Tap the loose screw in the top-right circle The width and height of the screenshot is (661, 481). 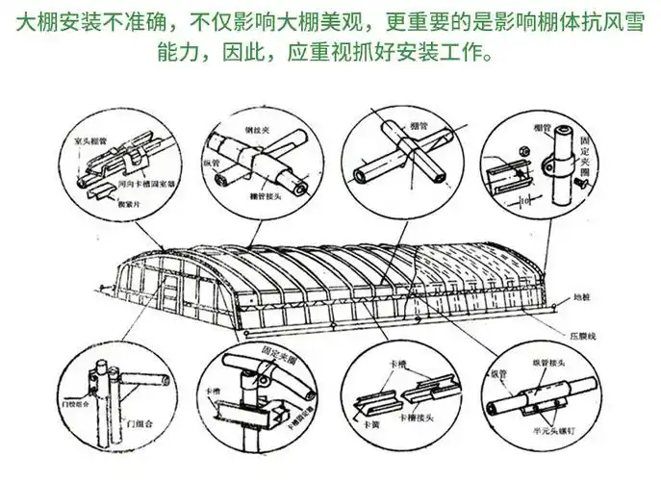click(583, 180)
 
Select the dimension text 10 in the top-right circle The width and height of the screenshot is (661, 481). click(521, 201)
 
